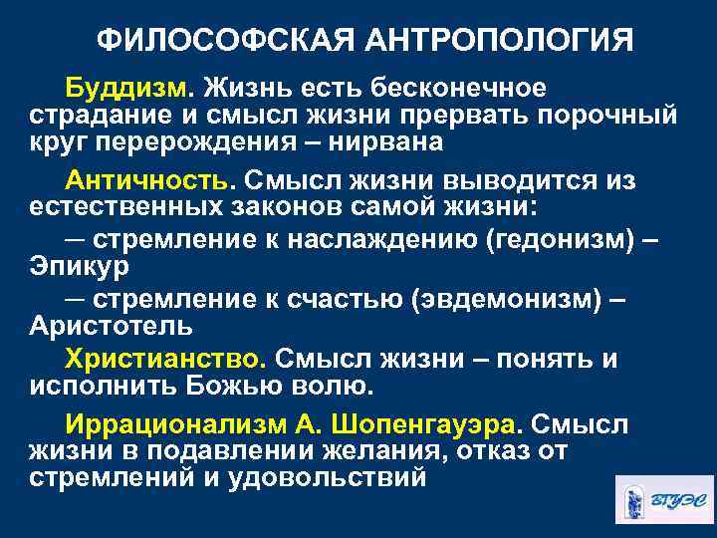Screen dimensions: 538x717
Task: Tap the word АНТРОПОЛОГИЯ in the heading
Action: [506, 41]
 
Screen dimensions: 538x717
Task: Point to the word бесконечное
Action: [461, 88]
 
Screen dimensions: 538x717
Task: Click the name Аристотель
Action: [111, 327]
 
